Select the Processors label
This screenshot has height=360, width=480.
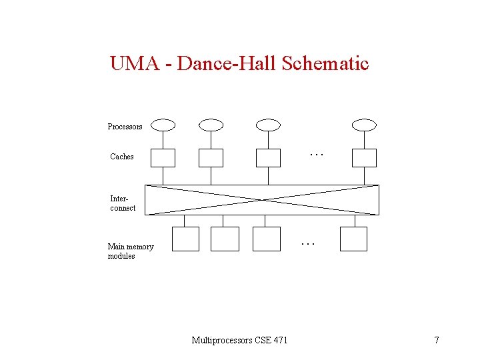point(125,127)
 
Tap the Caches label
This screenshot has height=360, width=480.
point(122,157)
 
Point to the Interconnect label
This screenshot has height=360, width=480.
point(123,203)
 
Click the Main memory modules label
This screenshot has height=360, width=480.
point(131,251)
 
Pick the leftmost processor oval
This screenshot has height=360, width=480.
point(163,125)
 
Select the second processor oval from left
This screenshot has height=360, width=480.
point(211,125)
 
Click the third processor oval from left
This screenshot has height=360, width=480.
point(268,125)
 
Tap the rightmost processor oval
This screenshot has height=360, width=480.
point(365,125)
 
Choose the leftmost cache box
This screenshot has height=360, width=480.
point(163,157)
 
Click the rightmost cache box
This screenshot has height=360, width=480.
point(365,157)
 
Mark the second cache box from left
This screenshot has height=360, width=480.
point(211,157)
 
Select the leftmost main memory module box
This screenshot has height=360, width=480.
point(185,239)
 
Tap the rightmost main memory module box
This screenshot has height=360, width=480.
point(353,239)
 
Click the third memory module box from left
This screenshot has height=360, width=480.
point(267,239)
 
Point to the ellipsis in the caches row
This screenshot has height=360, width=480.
point(316,155)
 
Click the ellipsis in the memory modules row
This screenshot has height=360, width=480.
point(307,244)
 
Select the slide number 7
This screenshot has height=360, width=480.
point(437,341)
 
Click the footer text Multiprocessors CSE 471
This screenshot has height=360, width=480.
point(240,341)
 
